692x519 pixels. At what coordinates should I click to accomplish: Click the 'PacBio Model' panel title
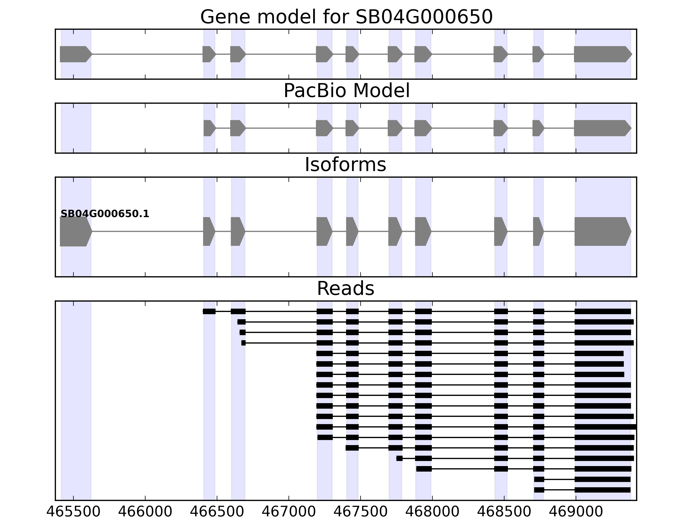pos(346,91)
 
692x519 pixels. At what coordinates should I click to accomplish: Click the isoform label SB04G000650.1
pos(105,214)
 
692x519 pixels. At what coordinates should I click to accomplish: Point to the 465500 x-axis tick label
pos(73,512)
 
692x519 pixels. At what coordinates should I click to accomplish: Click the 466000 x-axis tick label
pos(145,512)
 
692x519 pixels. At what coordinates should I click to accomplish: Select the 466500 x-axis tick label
pos(217,512)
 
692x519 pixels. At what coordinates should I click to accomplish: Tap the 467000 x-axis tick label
pos(288,512)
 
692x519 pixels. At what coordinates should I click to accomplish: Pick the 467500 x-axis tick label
pos(360,512)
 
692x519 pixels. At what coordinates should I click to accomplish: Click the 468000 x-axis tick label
pos(432,512)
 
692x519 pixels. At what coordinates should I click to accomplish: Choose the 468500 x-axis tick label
pos(504,512)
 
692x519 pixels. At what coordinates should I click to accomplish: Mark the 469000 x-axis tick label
pos(576,512)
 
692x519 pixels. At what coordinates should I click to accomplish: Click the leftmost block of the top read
pos(209,311)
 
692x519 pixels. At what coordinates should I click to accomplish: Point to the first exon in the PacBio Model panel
pos(209,128)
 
